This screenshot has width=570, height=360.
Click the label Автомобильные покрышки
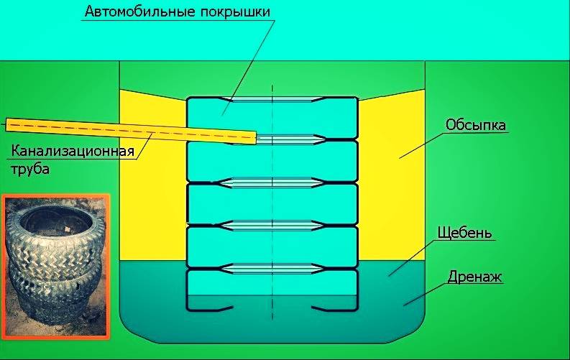[x=178, y=12]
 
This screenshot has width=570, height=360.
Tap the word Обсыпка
[x=476, y=125]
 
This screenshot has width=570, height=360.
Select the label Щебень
[x=464, y=234]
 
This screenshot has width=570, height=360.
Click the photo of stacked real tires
[x=55, y=266]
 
